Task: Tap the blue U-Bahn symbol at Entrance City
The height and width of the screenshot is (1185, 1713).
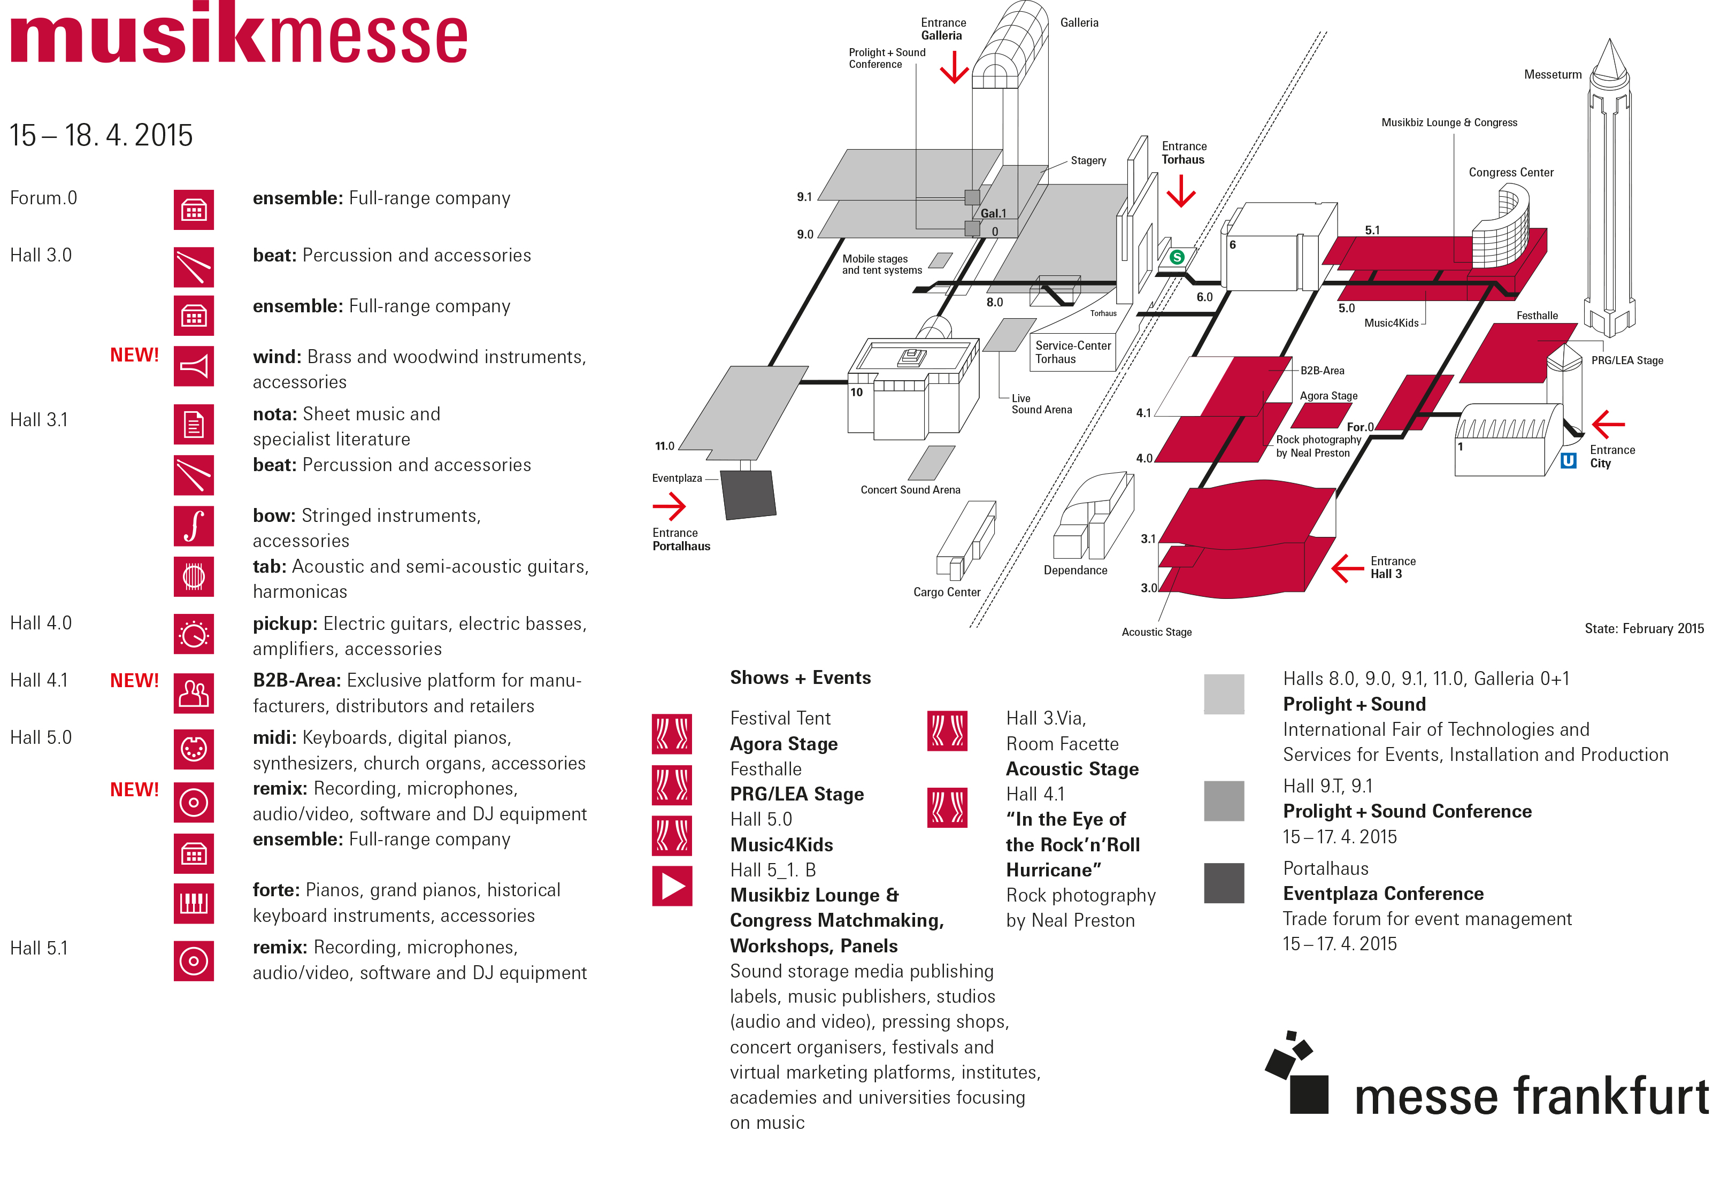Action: click(1568, 460)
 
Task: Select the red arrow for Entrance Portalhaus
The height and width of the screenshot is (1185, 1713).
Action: click(669, 506)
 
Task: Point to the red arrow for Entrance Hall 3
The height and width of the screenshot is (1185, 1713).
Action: click(1347, 568)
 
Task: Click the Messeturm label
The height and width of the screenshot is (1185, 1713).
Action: click(1552, 74)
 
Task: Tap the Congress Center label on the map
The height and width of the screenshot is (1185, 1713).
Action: click(1510, 172)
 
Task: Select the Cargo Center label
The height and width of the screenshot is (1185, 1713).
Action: click(946, 592)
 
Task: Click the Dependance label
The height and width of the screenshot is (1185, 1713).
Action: click(1074, 570)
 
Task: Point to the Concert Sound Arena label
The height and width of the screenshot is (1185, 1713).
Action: click(910, 490)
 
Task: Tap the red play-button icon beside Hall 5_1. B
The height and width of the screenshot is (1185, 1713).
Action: click(672, 886)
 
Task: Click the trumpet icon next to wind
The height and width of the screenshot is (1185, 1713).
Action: click(194, 366)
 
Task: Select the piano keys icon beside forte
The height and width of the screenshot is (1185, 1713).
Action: click(194, 903)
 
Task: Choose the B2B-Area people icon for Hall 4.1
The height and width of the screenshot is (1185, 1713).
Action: click(194, 692)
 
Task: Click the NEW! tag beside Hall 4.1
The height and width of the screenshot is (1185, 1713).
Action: click(134, 680)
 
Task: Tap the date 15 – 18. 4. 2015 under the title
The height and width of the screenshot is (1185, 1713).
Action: click(101, 136)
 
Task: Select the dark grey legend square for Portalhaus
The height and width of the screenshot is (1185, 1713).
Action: click(1223, 883)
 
